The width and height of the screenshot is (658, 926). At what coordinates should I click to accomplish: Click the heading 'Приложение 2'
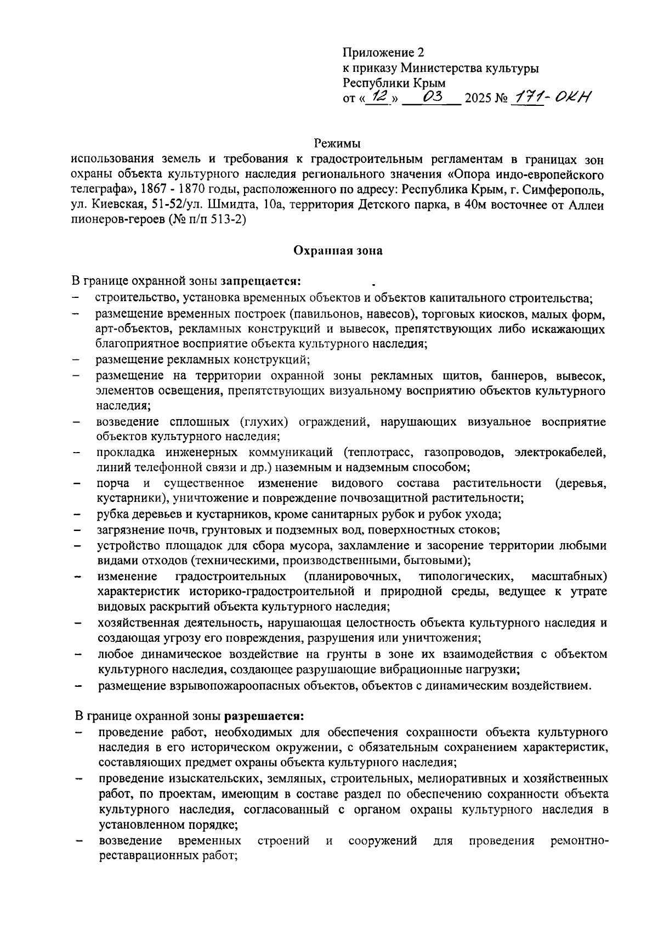[383, 53]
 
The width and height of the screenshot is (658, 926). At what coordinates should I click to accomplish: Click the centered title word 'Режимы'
[337, 144]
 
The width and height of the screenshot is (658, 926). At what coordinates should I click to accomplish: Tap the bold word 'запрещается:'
[260, 281]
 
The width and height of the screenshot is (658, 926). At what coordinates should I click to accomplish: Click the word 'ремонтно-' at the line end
[578, 840]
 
